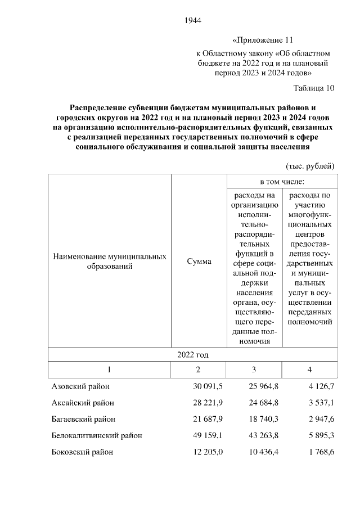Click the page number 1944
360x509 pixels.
[x=192, y=21]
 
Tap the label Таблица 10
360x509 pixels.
[x=314, y=88]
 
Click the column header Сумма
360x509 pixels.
[x=199, y=262]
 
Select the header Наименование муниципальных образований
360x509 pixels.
[x=109, y=262]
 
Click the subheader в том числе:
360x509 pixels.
[x=282, y=182]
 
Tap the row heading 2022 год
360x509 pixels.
[x=193, y=354]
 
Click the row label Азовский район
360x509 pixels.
[x=80, y=386]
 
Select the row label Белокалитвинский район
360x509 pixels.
[x=97, y=435]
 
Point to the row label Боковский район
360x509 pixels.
[x=82, y=452]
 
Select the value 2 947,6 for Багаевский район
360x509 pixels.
[x=318, y=419]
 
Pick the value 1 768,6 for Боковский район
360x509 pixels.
[x=318, y=452]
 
